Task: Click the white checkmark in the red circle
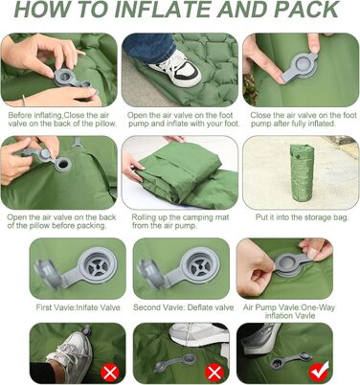point(318,373)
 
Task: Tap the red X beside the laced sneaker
point(110,373)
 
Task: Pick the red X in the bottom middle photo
point(214,373)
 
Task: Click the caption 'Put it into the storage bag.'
point(302,217)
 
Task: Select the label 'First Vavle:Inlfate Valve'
point(78,307)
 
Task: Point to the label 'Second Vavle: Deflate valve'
point(183,307)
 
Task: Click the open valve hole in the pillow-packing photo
point(63,165)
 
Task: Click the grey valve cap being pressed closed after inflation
point(299,67)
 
